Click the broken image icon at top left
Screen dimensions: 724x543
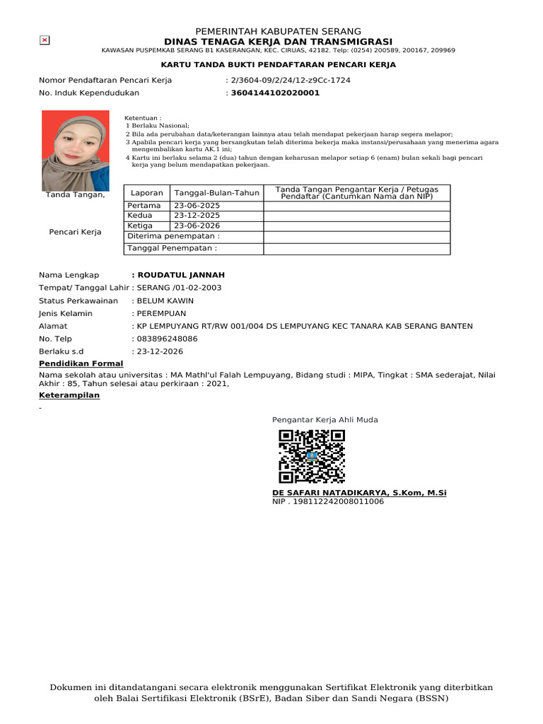click(45, 40)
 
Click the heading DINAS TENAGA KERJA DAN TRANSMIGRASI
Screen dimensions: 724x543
click(278, 42)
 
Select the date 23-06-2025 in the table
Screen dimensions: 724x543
click(197, 206)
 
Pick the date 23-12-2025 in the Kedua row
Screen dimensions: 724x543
click(197, 216)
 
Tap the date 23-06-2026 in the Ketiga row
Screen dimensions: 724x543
click(197, 226)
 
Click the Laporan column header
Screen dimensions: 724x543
click(147, 192)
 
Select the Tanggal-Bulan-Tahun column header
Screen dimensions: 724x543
click(217, 192)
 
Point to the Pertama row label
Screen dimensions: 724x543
click(144, 206)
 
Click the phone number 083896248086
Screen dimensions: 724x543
click(168, 339)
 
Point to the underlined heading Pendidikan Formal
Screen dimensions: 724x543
click(81, 363)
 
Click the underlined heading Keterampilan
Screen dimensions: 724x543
click(69, 395)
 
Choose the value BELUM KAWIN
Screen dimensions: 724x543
click(165, 300)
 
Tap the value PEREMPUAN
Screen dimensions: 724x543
click(162, 313)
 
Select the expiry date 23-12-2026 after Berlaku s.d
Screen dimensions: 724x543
click(160, 351)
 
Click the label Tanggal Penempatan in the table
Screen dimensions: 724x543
click(172, 248)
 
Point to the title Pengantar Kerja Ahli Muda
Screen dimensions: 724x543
click(325, 420)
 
